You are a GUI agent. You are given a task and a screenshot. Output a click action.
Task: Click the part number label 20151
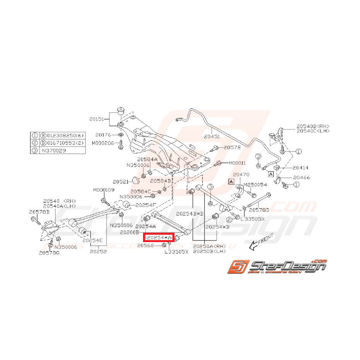point(97,120)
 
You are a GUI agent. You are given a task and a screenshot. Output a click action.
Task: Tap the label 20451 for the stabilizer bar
point(212,136)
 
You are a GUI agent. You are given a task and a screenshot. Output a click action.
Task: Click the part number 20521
point(121,181)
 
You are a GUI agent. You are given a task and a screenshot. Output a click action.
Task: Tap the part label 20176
point(103,135)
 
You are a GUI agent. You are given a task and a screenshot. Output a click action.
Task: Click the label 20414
point(300,168)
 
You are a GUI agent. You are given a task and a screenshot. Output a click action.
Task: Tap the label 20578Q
point(49,253)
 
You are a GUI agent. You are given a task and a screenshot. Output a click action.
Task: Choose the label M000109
point(103,190)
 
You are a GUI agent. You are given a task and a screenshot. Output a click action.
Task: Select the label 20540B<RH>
point(312,126)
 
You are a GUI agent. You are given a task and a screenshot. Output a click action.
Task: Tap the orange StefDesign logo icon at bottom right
point(237,267)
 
